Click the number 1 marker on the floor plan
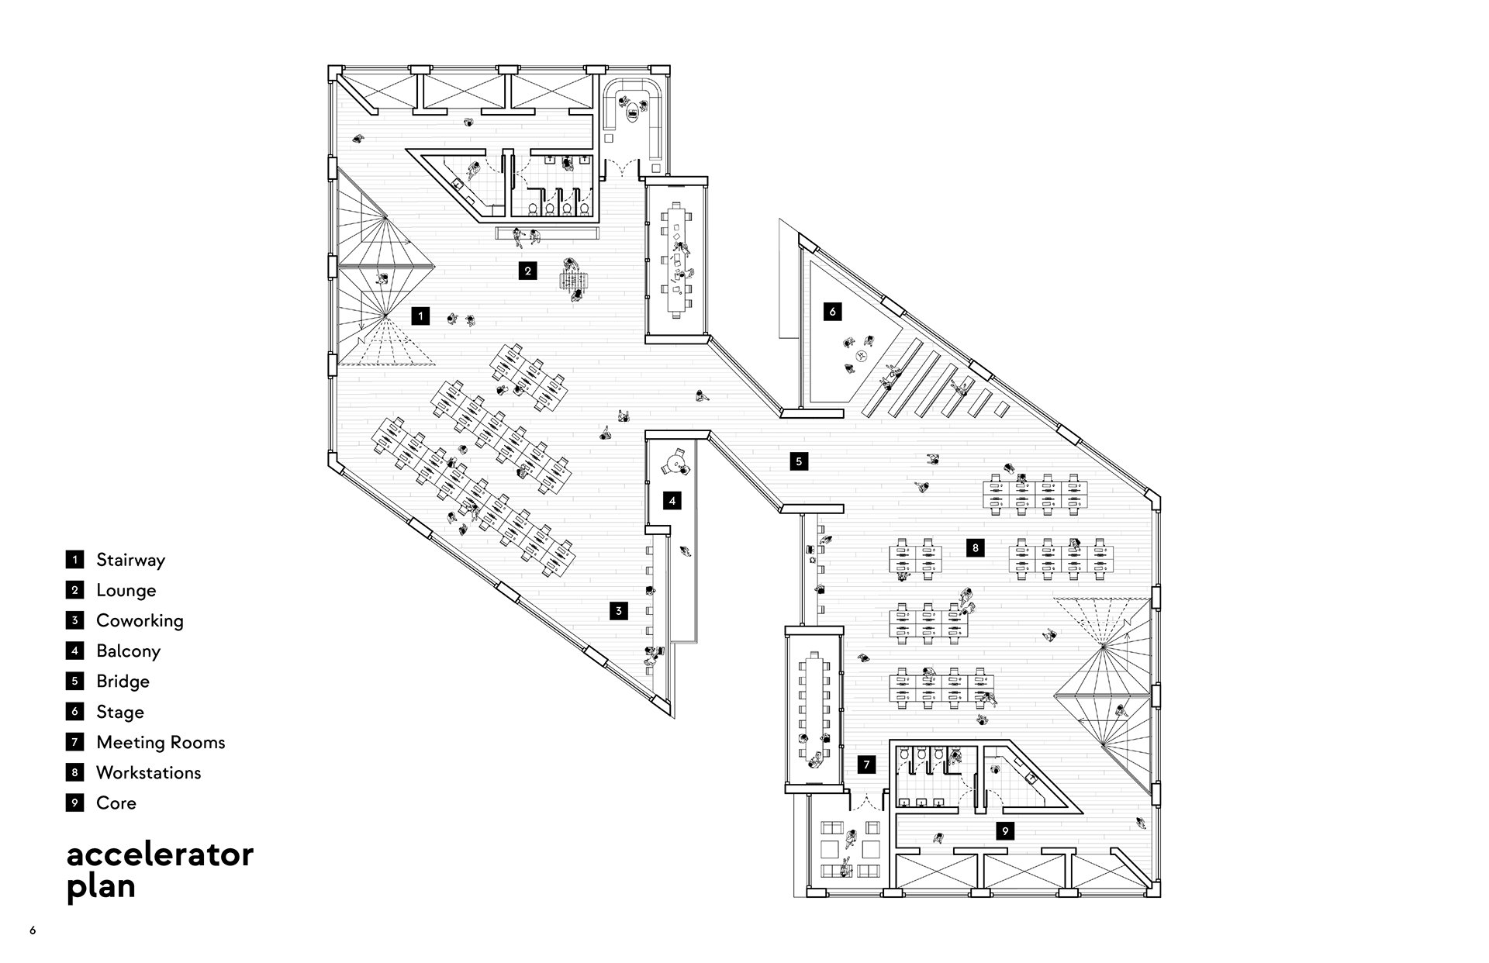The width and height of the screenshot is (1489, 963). coord(420,316)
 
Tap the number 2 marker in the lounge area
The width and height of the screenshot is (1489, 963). coord(527,271)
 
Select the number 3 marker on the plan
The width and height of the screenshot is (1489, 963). coord(618,611)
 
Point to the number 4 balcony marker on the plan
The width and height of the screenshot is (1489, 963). coord(672,501)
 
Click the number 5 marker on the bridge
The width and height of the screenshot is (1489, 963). coord(799,461)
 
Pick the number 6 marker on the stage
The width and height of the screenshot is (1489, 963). coord(832,312)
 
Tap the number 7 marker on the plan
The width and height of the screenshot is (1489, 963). coord(866,765)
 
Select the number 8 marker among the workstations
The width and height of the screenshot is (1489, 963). coord(975,547)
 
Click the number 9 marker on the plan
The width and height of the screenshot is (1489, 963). coord(1005,831)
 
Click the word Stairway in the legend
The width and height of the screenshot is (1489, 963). coord(130,560)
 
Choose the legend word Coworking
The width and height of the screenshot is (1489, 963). coord(140,620)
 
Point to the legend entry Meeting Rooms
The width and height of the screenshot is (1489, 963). coord(161,742)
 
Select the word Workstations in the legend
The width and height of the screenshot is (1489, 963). coord(148,772)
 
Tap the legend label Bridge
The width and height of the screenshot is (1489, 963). coord(123,682)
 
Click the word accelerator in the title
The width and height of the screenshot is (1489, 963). coord(161,854)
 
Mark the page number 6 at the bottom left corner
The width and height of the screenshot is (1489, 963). coord(33,930)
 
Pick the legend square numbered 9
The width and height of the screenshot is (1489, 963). coord(74,802)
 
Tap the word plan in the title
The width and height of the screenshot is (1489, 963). coord(102,886)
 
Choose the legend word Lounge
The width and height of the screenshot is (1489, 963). coord(126,590)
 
